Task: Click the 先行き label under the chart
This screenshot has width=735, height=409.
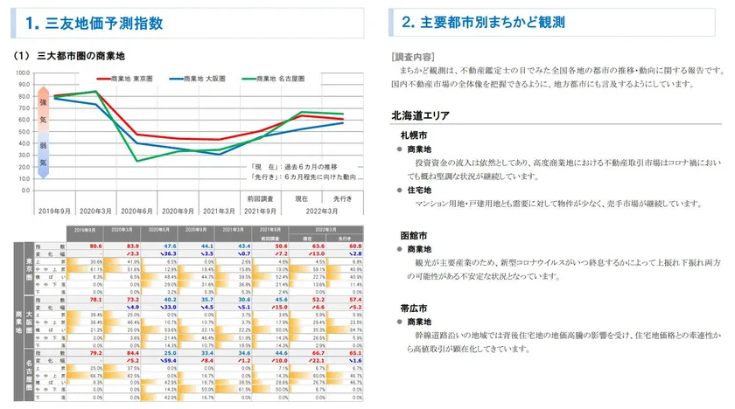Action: click(342, 199)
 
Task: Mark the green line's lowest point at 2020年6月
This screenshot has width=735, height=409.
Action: click(136, 161)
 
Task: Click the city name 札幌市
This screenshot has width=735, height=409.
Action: click(413, 136)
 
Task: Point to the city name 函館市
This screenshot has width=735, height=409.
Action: click(413, 235)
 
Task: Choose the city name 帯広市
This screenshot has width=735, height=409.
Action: click(413, 308)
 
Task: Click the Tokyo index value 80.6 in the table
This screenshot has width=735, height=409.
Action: click(96, 246)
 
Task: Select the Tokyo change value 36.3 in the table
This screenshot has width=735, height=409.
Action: click(170, 253)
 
